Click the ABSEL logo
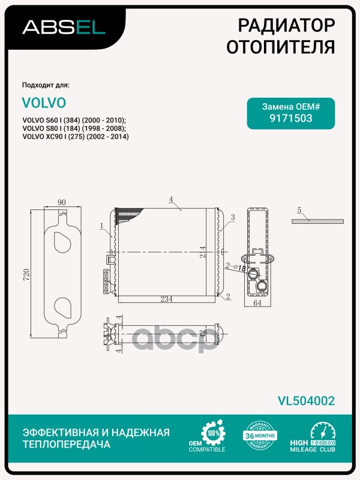pyautogui.click(x=64, y=27)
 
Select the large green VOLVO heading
pyautogui.click(x=44, y=103)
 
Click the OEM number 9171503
pyautogui.click(x=291, y=118)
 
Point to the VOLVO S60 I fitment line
pyautogui.click(x=74, y=120)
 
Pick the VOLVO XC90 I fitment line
pyautogui.click(x=76, y=137)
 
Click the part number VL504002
pyautogui.click(x=305, y=401)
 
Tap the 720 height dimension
pyautogui.click(x=26, y=275)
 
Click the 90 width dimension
pyautogui.click(x=61, y=202)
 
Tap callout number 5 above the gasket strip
pyautogui.click(x=298, y=210)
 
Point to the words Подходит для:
pyautogui.click(x=50, y=84)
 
